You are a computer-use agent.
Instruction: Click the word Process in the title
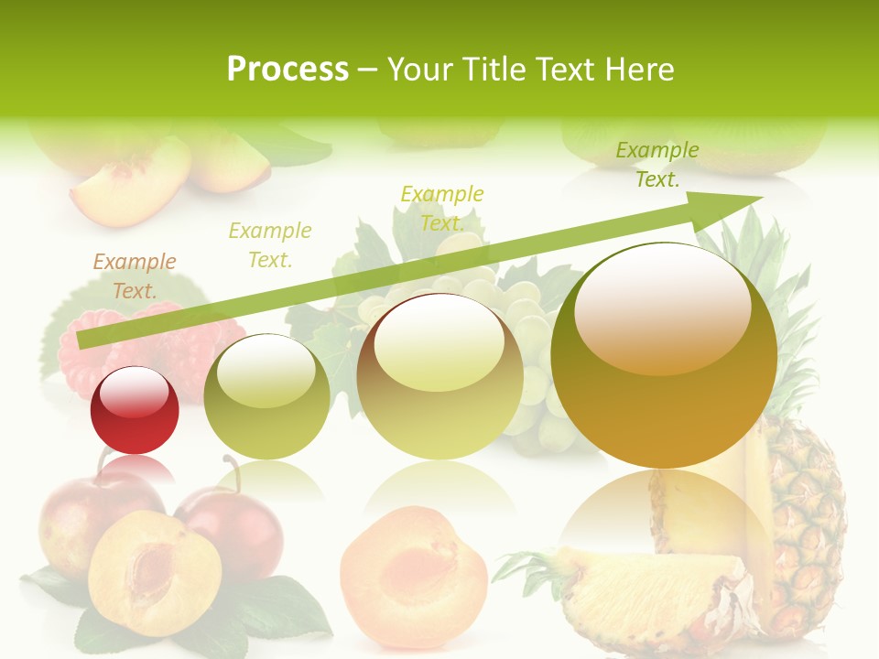[288, 69]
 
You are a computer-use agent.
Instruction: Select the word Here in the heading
[638, 70]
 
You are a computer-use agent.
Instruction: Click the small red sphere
[135, 411]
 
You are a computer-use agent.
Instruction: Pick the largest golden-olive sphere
[664, 355]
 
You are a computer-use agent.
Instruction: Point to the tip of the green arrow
[760, 198]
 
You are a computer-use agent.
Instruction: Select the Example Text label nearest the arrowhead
[657, 165]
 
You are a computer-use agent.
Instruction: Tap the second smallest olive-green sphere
[266, 396]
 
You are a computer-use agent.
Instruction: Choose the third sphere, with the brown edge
[439, 377]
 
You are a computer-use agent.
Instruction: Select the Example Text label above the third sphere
[442, 209]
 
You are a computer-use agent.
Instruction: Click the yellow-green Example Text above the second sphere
[270, 245]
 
